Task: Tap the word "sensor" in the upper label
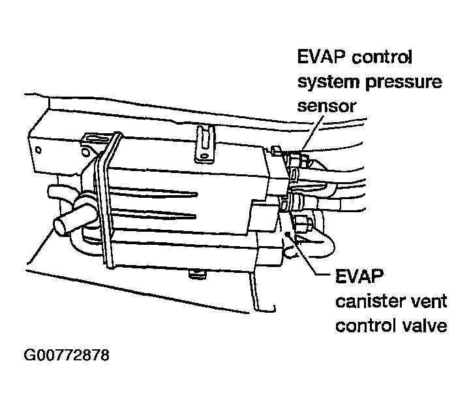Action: [327, 106]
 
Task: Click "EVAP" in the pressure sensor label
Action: [321, 57]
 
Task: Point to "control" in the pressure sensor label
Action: [382, 57]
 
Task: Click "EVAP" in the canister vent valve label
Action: [359, 276]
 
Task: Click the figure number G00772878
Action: [67, 355]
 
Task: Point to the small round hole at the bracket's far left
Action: [38, 150]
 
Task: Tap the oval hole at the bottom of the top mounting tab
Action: [204, 156]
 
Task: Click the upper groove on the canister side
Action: [153, 192]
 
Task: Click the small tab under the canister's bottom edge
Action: [197, 274]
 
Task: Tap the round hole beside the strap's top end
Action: [85, 152]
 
